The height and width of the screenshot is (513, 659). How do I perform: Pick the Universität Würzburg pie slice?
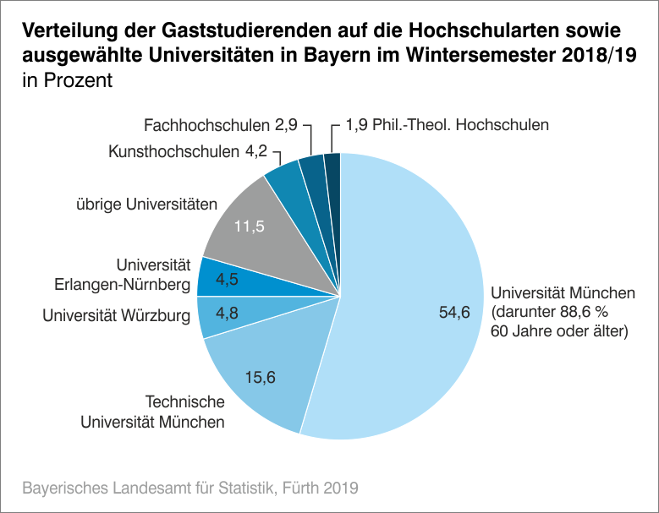220,314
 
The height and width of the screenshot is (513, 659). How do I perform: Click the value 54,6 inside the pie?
453,313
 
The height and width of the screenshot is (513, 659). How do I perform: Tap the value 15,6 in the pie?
261,377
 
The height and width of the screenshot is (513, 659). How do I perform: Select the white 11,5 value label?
250,227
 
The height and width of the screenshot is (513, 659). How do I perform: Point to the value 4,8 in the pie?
227,313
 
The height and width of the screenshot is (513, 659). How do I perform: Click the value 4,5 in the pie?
227,279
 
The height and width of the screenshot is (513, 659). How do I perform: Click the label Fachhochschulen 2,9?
220,125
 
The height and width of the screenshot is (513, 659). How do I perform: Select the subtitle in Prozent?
68,82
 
